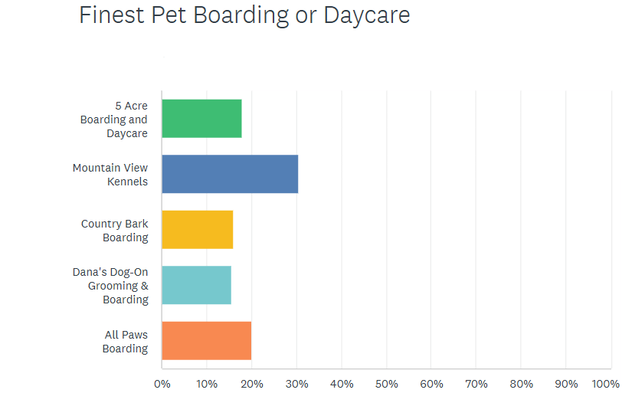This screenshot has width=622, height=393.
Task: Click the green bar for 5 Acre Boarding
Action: pos(201,119)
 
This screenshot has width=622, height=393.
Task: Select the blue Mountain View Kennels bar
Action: pos(230,174)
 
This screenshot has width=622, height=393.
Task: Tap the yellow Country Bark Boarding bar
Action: pos(197,230)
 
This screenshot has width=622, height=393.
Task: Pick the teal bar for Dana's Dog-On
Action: pos(196,285)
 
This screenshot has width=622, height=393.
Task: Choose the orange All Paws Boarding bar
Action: pos(206,341)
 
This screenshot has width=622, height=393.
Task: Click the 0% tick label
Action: pos(162,383)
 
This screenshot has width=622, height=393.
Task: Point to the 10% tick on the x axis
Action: pos(207,383)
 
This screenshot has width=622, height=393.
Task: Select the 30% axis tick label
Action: pos(296,383)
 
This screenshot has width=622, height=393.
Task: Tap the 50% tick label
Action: pos(387,383)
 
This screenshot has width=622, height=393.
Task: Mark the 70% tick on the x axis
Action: pos(476,383)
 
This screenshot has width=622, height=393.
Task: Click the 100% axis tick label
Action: pos(606,383)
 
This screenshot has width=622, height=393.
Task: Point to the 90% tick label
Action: pos(567,383)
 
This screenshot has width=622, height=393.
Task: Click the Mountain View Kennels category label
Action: pos(110,175)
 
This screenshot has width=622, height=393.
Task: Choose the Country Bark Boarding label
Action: pos(115,231)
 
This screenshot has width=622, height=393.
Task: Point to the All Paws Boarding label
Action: pos(126,342)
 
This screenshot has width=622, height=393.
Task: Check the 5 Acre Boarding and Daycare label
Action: pos(115,120)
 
